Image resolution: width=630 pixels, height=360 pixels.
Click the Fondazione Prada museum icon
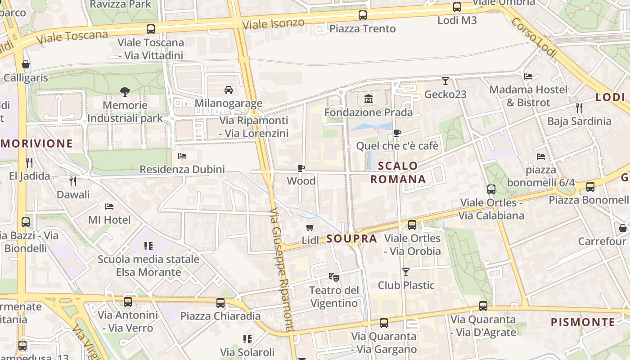pyautogui.click(x=369, y=99)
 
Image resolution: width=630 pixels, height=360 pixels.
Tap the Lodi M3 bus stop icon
pyautogui.click(x=457, y=7)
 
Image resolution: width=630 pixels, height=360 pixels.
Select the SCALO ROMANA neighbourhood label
pyautogui.click(x=398, y=172)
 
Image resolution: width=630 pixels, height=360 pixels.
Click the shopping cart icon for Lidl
pyautogui.click(x=310, y=227)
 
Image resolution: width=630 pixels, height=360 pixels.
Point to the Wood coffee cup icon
pyautogui.click(x=301, y=168)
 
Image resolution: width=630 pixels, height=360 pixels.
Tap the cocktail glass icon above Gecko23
pyautogui.click(x=445, y=81)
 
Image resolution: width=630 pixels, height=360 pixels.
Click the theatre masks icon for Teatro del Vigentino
pyautogui.click(x=333, y=277)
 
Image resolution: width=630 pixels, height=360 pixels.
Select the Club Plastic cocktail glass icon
pyautogui.click(x=406, y=272)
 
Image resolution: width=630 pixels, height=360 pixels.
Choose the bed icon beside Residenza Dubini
pyautogui.click(x=182, y=156)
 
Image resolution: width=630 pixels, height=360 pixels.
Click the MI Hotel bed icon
pyautogui.click(x=109, y=207)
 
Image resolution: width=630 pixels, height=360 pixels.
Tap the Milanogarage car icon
pyautogui.click(x=229, y=90)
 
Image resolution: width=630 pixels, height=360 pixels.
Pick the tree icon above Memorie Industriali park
pyautogui.click(x=125, y=92)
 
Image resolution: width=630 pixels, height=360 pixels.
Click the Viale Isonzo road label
pyautogui.click(x=273, y=24)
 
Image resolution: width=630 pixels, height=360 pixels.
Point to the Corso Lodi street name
pyautogui.click(x=534, y=38)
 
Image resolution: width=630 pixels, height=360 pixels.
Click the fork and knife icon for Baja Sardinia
pyautogui.click(x=579, y=108)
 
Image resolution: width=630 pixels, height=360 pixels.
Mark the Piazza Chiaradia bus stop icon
pyautogui.click(x=220, y=303)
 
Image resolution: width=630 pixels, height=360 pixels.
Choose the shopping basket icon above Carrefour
pyautogui.click(x=623, y=228)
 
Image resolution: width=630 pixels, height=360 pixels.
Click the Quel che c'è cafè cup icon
pyautogui.click(x=397, y=133)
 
